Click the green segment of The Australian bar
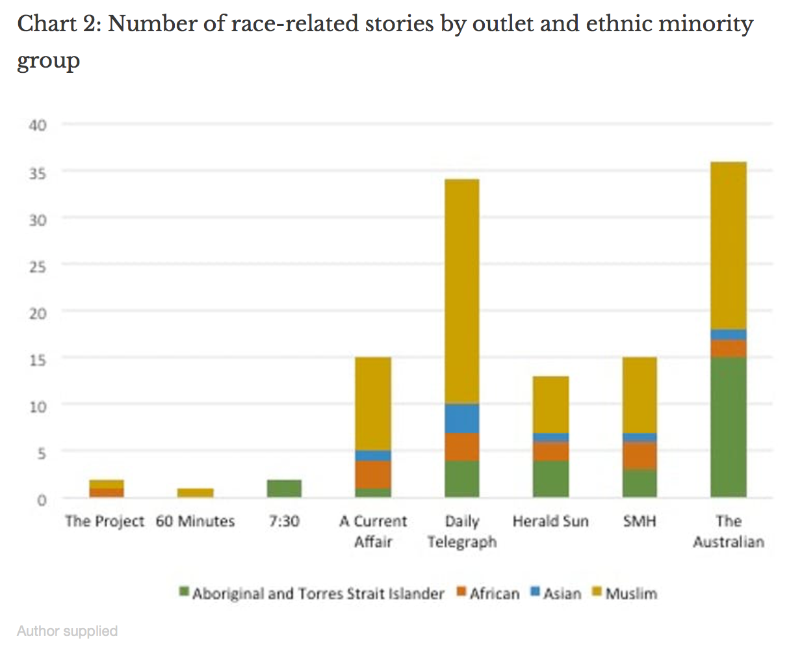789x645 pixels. [x=728, y=427]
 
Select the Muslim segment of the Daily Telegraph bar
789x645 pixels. [x=462, y=291]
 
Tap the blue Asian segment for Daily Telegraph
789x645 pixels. [x=462, y=418]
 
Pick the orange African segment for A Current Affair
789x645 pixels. [x=373, y=474]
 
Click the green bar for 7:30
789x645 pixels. [x=284, y=488]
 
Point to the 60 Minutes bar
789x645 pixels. [x=195, y=493]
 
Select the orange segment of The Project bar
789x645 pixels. [x=107, y=492]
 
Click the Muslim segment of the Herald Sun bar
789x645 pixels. [x=550, y=404]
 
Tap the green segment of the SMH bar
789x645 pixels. [x=640, y=483]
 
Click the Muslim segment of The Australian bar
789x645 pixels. [x=728, y=245]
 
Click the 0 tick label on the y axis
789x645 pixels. [x=42, y=499]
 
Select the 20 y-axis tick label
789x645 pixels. [x=38, y=313]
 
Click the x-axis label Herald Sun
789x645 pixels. [x=550, y=521]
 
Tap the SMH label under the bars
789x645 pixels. [x=640, y=521]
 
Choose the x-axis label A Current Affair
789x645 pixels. [x=373, y=531]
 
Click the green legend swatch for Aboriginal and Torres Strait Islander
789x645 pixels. [x=184, y=592]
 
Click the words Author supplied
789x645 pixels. [x=67, y=631]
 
